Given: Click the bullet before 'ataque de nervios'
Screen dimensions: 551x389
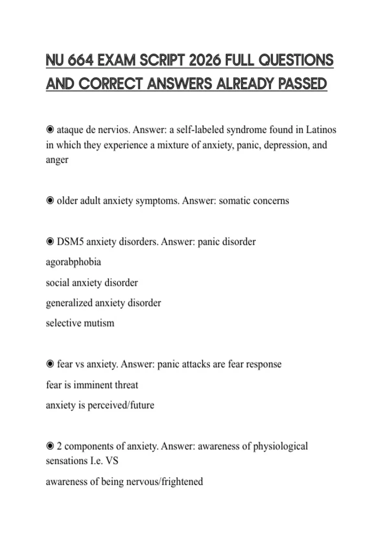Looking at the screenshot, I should coord(50,130).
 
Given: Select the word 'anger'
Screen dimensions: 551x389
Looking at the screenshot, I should coord(57,160).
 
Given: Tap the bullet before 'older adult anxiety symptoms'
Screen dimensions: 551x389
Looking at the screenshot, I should coord(50,201).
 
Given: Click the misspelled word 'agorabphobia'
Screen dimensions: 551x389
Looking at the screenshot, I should coord(74,262).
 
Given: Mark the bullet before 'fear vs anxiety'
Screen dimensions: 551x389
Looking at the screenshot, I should coord(50,364).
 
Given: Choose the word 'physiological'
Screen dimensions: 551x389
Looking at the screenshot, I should coord(280,446).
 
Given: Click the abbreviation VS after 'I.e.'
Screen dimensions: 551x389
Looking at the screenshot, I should coord(112,461).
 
